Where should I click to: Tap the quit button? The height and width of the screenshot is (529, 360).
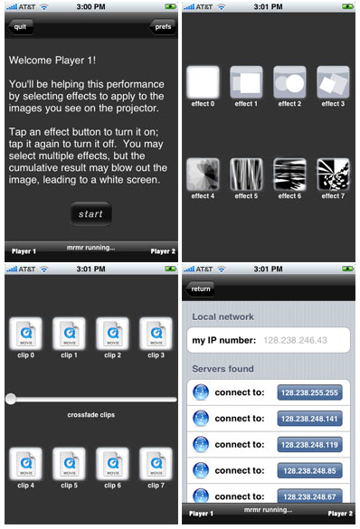[x=20, y=26]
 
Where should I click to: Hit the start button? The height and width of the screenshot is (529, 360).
[x=90, y=214]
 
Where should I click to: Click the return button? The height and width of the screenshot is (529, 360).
[x=201, y=288]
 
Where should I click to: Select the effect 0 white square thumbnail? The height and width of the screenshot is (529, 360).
[x=203, y=82]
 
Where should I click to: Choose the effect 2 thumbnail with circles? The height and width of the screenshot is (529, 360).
[x=289, y=82]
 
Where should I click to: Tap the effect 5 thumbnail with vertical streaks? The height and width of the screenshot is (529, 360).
[x=246, y=175]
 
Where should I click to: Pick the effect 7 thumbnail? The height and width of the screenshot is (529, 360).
[x=333, y=175]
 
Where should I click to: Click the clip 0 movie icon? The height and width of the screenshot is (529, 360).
[x=25, y=334]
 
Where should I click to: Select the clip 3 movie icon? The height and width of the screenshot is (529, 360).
[x=156, y=334]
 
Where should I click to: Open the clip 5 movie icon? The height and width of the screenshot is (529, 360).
[x=69, y=464]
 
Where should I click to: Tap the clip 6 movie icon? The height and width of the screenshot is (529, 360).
[x=112, y=464]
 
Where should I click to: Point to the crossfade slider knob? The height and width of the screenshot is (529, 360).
[x=11, y=399]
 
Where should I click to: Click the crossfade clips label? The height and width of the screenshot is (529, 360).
[x=90, y=415]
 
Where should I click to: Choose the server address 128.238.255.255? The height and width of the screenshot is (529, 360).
[x=309, y=392]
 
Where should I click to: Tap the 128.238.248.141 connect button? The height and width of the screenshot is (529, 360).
[x=309, y=419]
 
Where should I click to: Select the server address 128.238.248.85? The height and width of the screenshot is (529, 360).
[x=309, y=470]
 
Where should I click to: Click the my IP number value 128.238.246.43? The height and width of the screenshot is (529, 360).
[x=295, y=340]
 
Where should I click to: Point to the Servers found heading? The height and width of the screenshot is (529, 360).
[x=223, y=368]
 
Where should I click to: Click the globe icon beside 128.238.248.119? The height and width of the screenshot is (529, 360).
[x=201, y=444]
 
